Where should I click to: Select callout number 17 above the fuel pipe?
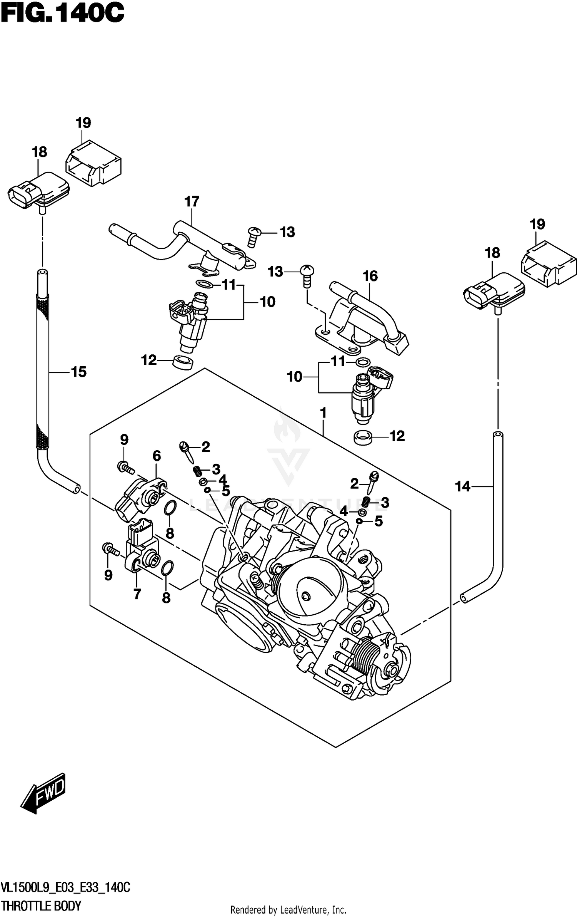point(192,201)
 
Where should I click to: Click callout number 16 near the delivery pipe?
point(370,276)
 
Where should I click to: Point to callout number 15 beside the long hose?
point(78,372)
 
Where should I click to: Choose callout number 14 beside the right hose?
point(463,487)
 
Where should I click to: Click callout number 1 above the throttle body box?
point(323,413)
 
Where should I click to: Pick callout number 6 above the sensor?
point(157,456)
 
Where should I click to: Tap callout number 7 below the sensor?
point(137,595)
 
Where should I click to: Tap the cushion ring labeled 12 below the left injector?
point(183,362)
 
